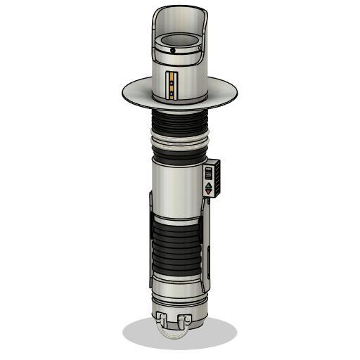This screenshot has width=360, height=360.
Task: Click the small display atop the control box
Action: [209, 171]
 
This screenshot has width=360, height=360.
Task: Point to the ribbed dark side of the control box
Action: [219, 179]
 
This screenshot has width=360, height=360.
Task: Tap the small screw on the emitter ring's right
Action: [200, 49]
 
